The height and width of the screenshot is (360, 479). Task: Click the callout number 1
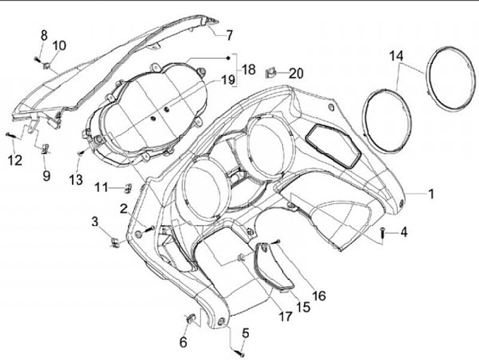click(430, 194)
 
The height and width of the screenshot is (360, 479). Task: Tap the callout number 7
click(229, 35)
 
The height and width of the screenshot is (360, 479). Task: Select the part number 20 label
click(295, 73)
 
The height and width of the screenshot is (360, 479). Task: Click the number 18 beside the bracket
click(248, 69)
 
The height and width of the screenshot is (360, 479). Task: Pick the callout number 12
click(15, 160)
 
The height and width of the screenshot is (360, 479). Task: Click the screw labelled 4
click(384, 232)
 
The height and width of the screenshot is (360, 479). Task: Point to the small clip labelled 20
click(272, 71)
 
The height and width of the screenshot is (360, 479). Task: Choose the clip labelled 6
click(190, 318)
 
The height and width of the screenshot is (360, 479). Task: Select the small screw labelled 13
click(80, 154)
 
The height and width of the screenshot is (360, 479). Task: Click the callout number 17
click(285, 317)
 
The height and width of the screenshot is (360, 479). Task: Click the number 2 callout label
click(124, 209)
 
